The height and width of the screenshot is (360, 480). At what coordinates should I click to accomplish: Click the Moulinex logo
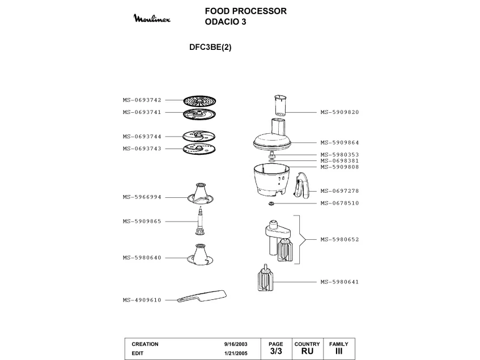coord(152,18)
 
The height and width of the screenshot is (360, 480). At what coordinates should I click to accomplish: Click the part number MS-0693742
coord(142,100)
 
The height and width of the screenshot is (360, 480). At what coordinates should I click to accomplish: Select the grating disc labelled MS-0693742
coord(199,101)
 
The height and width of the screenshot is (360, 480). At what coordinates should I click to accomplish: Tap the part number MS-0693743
coord(142,149)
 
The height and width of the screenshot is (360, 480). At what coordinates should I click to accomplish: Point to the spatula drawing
coord(202,297)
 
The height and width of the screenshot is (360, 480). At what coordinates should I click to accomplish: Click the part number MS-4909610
coord(142,300)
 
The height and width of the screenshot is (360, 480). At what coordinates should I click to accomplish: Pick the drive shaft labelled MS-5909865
coord(200,221)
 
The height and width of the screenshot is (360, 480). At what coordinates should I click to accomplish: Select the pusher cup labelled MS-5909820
coord(280,105)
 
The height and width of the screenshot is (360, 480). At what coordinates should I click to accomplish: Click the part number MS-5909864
coord(340,143)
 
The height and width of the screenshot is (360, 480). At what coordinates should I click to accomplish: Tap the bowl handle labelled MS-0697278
coord(301,185)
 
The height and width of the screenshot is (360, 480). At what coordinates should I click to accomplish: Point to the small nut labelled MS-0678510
coord(271,204)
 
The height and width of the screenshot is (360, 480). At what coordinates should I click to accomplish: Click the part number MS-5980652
coord(340,240)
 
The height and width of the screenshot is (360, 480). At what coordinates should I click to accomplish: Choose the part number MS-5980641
coord(340,282)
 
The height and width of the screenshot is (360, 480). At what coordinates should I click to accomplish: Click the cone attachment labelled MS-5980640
coord(200,255)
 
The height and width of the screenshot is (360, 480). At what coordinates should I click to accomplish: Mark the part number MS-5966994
coord(142,197)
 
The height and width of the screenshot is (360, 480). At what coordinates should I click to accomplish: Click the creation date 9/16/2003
coord(236,344)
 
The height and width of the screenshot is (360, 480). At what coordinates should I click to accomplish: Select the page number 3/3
coord(276,351)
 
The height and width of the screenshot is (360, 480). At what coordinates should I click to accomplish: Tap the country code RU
coord(307,351)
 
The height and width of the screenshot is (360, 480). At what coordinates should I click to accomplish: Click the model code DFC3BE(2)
coord(210,48)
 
